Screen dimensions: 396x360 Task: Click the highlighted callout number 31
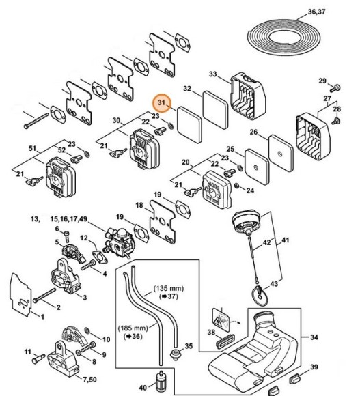(x=163, y=103)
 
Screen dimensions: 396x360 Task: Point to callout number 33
(x=212, y=74)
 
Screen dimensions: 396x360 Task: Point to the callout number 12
(x=83, y=238)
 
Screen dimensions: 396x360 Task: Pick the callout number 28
(x=336, y=109)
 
